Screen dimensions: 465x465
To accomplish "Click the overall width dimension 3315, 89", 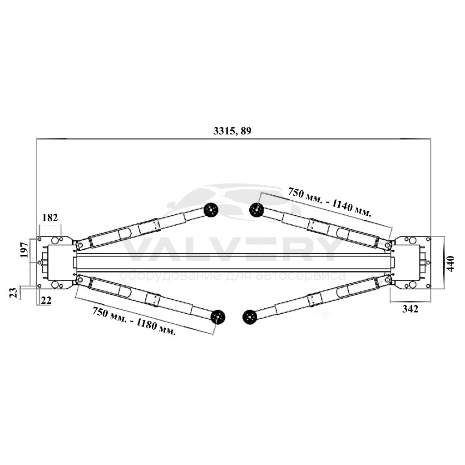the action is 232,131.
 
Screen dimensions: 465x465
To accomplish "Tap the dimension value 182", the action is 50,218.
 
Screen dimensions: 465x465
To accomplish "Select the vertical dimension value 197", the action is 25,250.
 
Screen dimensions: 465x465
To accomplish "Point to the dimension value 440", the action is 450,264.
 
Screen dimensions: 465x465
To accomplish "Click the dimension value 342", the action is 410,309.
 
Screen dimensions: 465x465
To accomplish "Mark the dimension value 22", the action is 46,301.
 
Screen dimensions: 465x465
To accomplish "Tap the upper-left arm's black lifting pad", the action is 211,210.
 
